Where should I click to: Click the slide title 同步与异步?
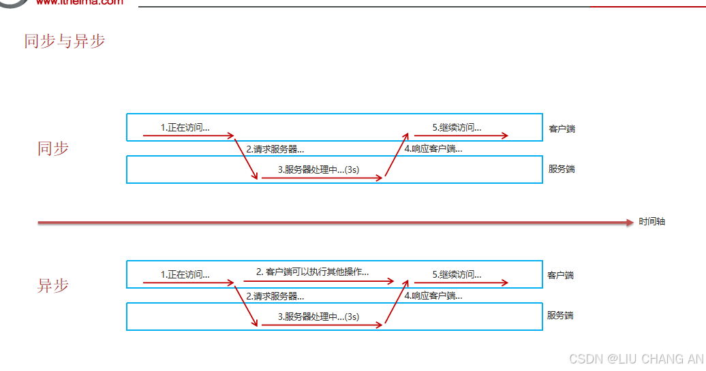pyautogui.click(x=65, y=41)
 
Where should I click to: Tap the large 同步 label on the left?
pyautogui.click(x=53, y=148)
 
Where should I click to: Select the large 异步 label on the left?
pyautogui.click(x=53, y=285)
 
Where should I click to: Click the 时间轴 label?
pyautogui.click(x=652, y=222)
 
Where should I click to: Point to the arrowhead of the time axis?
pyautogui.click(x=629, y=222)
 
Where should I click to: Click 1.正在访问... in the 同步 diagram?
pyautogui.click(x=185, y=127)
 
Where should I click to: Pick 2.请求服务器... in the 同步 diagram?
pyautogui.click(x=275, y=149)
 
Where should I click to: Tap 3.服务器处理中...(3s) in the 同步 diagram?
pyautogui.click(x=318, y=170)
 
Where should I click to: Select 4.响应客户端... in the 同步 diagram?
pyautogui.click(x=433, y=149)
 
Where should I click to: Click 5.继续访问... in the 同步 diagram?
pyautogui.click(x=457, y=127)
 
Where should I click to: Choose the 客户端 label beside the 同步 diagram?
pyautogui.click(x=562, y=129)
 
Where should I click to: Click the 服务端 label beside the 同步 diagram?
pyautogui.click(x=562, y=169)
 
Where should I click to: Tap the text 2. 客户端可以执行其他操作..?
pyautogui.click(x=313, y=272)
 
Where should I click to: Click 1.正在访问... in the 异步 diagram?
pyautogui.click(x=185, y=275)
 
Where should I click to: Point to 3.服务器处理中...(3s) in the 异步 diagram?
pyautogui.click(x=318, y=317)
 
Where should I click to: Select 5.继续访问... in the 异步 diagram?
pyautogui.click(x=457, y=275)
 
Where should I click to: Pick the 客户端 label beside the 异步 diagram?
pyautogui.click(x=560, y=275)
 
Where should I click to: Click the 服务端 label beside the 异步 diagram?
pyautogui.click(x=560, y=315)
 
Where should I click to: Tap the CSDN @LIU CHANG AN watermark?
pyautogui.click(x=635, y=359)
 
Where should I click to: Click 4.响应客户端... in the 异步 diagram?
pyautogui.click(x=433, y=296)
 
